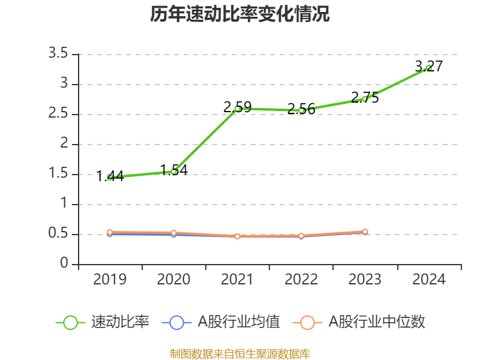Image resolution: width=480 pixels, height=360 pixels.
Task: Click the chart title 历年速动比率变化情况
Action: click(x=240, y=14)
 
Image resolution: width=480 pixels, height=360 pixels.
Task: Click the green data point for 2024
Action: click(x=429, y=68)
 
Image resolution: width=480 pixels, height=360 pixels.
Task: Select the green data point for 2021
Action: click(x=238, y=109)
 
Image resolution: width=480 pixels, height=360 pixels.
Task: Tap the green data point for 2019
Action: click(x=110, y=177)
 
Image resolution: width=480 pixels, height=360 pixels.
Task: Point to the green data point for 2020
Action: click(x=174, y=172)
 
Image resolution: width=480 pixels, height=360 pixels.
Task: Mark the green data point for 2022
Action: click(x=301, y=110)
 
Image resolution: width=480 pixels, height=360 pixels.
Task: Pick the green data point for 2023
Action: click(x=365, y=99)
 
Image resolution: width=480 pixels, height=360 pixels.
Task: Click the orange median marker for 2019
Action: click(x=110, y=232)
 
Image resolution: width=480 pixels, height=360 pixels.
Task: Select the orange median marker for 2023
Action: click(x=365, y=232)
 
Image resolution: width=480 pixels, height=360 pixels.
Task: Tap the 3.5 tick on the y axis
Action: click(x=59, y=54)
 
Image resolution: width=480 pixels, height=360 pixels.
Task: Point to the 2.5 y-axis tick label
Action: click(x=59, y=114)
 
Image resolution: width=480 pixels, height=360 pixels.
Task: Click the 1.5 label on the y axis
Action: click(x=59, y=174)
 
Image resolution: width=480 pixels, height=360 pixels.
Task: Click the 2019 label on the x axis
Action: click(x=110, y=280)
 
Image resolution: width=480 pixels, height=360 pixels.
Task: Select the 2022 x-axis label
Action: click(x=301, y=280)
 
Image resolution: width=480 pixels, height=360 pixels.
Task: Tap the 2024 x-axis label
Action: click(x=429, y=280)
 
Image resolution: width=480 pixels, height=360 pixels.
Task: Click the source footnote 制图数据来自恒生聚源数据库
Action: click(x=240, y=353)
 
